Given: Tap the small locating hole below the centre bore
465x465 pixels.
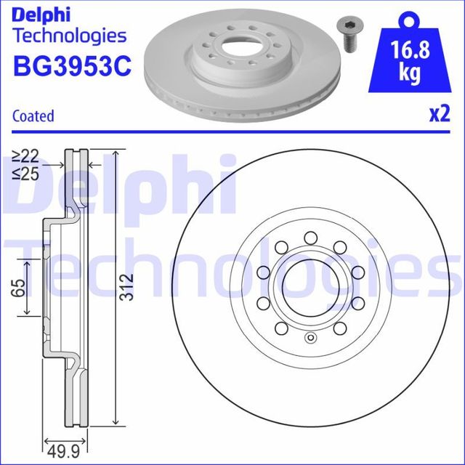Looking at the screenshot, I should click(x=310, y=336).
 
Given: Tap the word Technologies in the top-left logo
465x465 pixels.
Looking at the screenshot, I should click(x=70, y=35).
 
